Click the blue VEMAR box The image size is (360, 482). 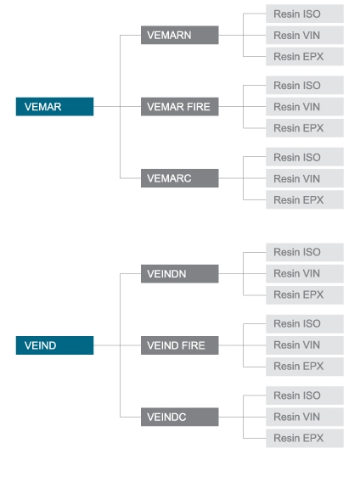[x=55, y=107]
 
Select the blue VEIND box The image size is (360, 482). [x=55, y=345]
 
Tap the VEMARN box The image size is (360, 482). [x=180, y=35]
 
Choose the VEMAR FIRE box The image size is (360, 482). [x=180, y=107]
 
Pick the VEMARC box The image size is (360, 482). [x=180, y=178]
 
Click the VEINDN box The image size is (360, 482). [x=180, y=273]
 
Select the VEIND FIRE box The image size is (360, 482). [x=180, y=345]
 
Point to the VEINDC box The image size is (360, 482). [x=180, y=417]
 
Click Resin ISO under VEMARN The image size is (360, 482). [x=305, y=14]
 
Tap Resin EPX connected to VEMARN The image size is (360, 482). [x=305, y=57]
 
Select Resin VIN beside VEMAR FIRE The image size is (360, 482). [x=305, y=107]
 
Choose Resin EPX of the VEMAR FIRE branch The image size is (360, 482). [x=305, y=128]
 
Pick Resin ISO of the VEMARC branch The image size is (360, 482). [x=305, y=157]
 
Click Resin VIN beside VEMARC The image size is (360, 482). [x=305, y=178]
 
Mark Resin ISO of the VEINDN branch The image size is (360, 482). [x=305, y=252]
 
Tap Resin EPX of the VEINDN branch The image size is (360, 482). [x=305, y=295]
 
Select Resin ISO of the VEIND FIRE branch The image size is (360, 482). [x=305, y=323]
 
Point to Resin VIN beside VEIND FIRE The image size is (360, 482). [x=305, y=345]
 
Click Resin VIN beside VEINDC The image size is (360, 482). [x=305, y=417]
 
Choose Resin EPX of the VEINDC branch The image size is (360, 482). [x=305, y=439]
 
